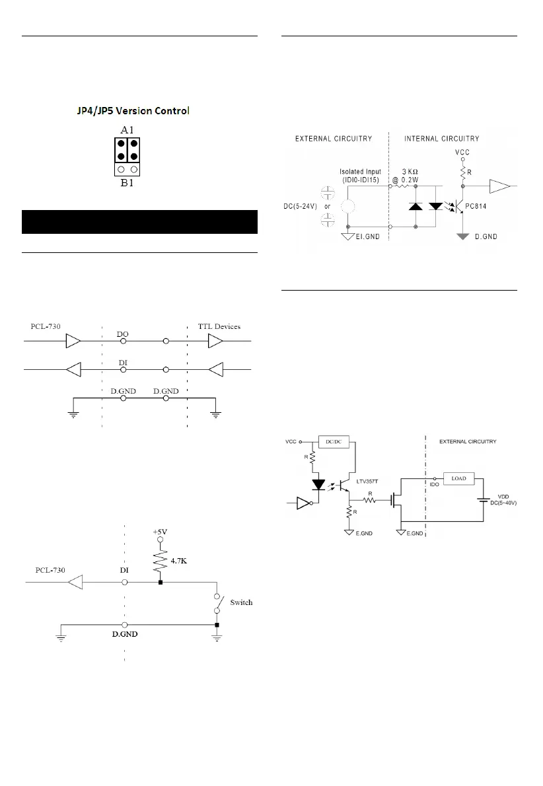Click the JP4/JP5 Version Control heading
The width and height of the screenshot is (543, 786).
point(133,111)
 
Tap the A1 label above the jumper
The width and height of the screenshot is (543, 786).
point(127,130)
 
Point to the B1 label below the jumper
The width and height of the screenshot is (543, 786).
point(127,183)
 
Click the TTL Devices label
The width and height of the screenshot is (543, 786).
point(219,326)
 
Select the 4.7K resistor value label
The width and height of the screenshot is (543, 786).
point(179,561)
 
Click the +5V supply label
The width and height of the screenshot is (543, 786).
point(160,532)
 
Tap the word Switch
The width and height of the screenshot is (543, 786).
point(241,602)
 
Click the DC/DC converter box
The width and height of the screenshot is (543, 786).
point(334,442)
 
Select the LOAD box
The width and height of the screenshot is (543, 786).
point(458,479)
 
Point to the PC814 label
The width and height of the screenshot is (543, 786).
point(476,206)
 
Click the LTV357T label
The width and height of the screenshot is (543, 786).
point(367,482)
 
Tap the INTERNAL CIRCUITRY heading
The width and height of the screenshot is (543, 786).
point(442,138)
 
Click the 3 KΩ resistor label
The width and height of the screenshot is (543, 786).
point(410,172)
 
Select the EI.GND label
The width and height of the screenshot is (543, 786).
point(367,236)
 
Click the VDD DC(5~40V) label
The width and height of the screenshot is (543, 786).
point(503,500)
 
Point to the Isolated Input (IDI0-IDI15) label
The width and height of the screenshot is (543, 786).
point(361,176)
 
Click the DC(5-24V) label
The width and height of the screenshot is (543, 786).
point(301,206)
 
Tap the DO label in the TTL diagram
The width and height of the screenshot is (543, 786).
point(123,334)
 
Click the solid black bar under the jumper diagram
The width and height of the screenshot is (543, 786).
point(139,222)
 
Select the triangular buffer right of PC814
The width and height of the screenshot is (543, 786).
point(500,186)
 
